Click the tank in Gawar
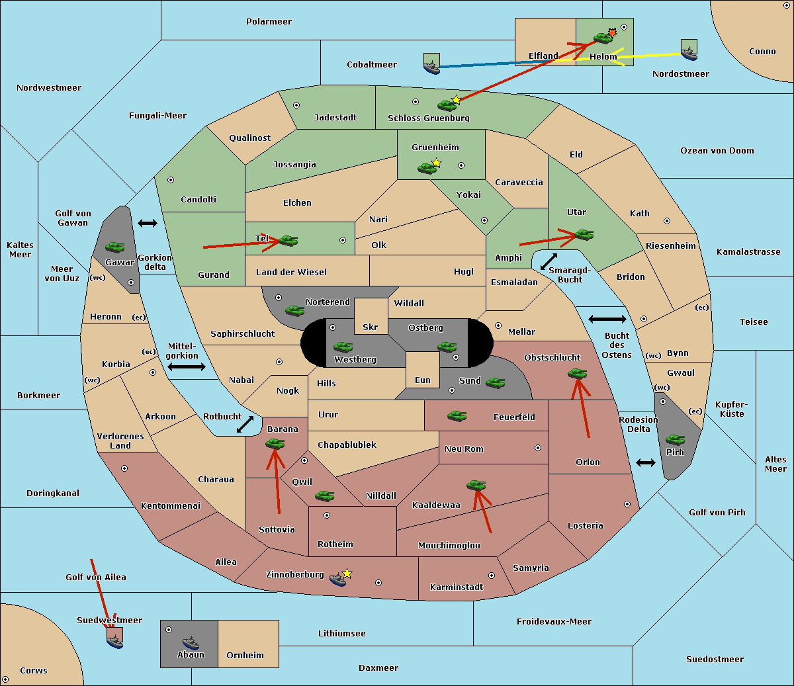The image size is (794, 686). coord(114,247)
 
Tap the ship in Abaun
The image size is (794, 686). coord(191,642)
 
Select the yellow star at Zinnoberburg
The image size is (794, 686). coord(347,574)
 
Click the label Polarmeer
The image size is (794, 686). coord(269,22)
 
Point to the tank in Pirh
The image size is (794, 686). coord(676,439)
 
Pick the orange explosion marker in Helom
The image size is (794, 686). coord(612,32)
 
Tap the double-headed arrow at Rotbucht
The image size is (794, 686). coord(245,424)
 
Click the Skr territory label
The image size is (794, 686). coord(370,327)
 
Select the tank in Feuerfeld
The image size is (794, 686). coord(457,416)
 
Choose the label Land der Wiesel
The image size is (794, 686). coord(291,273)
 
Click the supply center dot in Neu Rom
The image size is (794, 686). coord(538,448)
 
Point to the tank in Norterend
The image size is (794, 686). coord(294,310)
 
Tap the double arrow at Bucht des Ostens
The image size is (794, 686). coord(607,319)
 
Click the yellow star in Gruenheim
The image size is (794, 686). coord(437,163)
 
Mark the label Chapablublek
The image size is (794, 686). coord(347,445)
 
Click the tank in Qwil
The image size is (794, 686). coord(324,495)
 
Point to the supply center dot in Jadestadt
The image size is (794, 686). coord(296,105)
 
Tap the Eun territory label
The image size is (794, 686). coord(423,380)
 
